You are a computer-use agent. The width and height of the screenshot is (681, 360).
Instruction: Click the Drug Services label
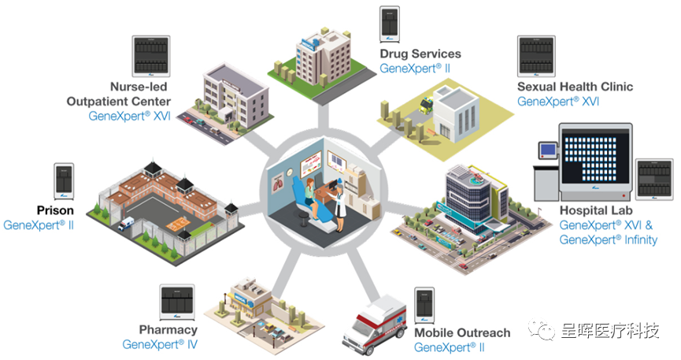[x=420, y=54]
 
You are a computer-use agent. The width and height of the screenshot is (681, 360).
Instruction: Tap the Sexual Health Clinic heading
[x=575, y=87]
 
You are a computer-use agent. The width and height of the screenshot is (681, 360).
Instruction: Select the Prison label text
[x=55, y=210]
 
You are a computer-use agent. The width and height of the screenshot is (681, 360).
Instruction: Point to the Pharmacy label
[x=168, y=329]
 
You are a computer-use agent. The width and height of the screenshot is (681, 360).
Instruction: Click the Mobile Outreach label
[x=462, y=332]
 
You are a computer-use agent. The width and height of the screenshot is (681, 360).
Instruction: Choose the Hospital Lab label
[x=596, y=210]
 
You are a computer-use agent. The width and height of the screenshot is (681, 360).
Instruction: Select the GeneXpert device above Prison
[x=63, y=182]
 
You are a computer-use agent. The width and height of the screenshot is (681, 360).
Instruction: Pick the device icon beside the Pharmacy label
[x=177, y=302]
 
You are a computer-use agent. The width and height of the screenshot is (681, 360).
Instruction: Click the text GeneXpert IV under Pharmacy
[x=159, y=344]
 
